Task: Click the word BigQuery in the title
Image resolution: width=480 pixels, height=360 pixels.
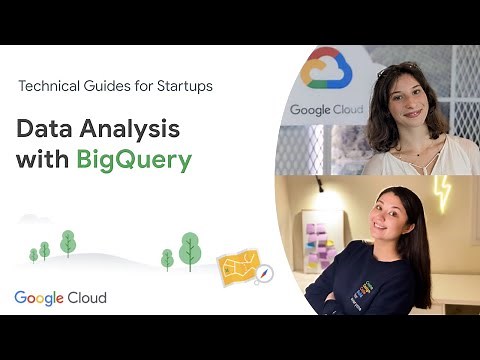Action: coord(133,160)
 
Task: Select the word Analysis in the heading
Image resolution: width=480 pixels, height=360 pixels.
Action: coord(133,129)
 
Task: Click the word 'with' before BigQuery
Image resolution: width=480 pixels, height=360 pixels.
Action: coord(42,160)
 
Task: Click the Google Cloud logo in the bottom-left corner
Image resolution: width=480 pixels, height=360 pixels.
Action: coord(60,298)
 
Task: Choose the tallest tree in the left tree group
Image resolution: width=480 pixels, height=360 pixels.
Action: coord(68,242)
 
